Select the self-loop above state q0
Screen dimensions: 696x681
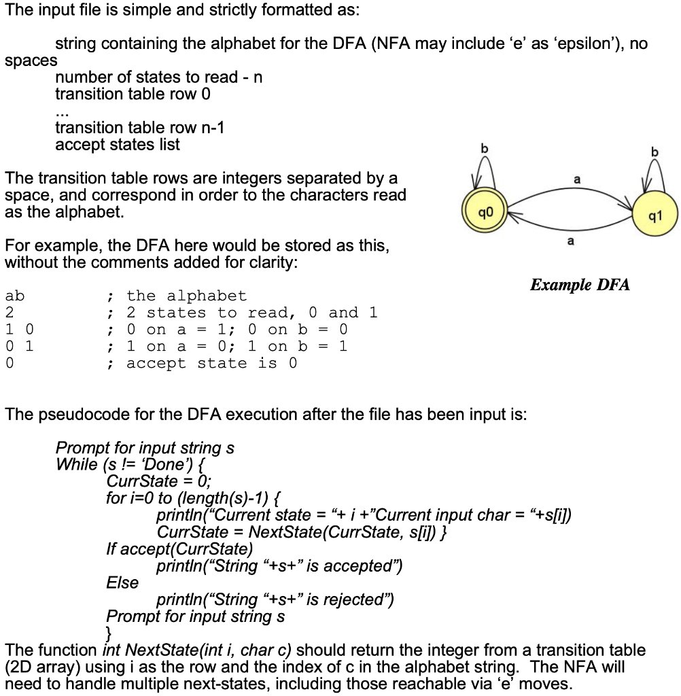coord(484,169)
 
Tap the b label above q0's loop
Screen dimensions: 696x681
coord(485,147)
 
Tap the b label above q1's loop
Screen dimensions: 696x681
coord(655,152)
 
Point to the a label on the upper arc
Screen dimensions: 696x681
coord(577,179)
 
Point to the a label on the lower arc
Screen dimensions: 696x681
coord(571,241)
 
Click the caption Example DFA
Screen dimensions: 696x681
coord(580,284)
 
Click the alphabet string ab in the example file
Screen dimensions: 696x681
coord(14,296)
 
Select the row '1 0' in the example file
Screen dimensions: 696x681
coord(19,330)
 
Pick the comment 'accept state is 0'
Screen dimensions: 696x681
coord(211,364)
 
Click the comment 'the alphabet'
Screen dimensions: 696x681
coord(186,296)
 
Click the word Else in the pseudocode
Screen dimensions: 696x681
coord(122,582)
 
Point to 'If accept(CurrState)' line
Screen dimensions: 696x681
coord(179,549)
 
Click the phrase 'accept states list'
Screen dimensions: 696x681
coord(118,145)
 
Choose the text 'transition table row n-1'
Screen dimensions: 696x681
coord(139,128)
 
